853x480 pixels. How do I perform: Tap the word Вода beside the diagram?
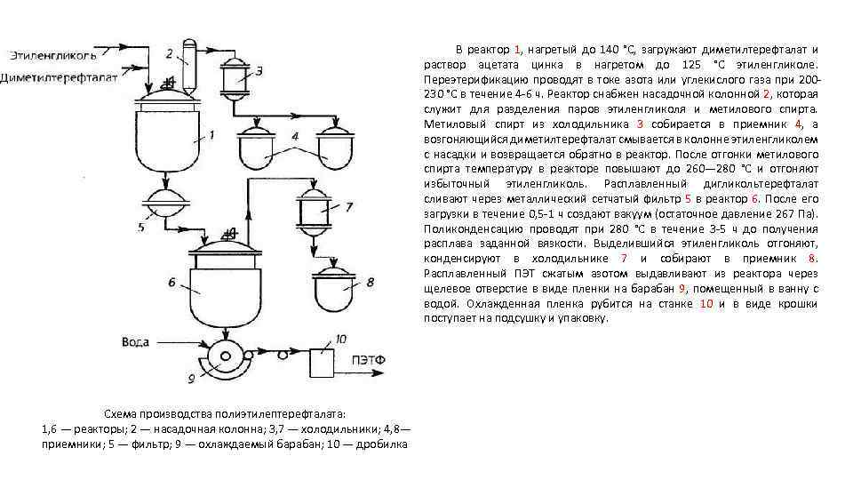(x=137, y=342)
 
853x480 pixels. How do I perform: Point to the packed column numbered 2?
(x=188, y=53)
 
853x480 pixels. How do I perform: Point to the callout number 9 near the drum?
(x=190, y=379)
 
